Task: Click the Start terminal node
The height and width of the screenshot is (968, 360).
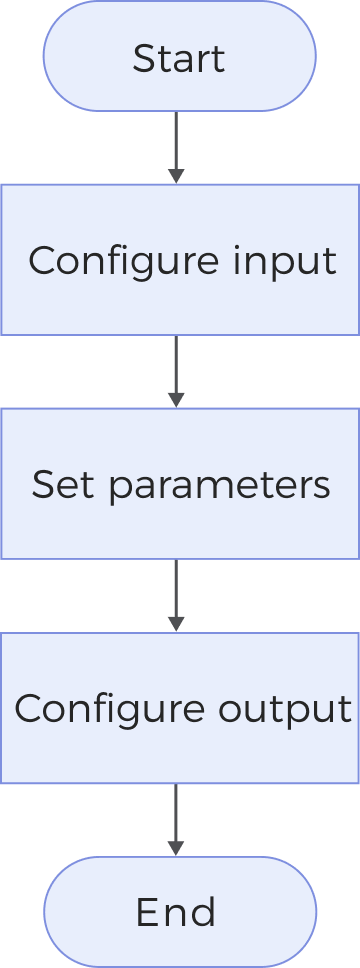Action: pyautogui.click(x=179, y=56)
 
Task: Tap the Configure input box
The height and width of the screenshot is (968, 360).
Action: pyautogui.click(x=180, y=260)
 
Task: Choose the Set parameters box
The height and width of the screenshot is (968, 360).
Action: pyautogui.click(x=180, y=484)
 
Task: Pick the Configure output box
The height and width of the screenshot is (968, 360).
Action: pyautogui.click(x=180, y=708)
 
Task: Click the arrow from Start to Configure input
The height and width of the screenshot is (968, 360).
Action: pyautogui.click(x=176, y=146)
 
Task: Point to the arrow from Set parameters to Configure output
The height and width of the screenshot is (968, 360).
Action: pyautogui.click(x=176, y=594)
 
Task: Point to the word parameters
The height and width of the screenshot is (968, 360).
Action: pyautogui.click(x=218, y=486)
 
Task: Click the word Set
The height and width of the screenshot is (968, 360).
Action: pyautogui.click(x=57, y=485)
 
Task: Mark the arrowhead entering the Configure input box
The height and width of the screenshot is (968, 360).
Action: pyautogui.click(x=176, y=177)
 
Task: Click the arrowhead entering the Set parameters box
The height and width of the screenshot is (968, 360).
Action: pyautogui.click(x=176, y=401)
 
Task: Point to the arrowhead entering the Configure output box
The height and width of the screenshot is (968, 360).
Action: pyautogui.click(x=176, y=625)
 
